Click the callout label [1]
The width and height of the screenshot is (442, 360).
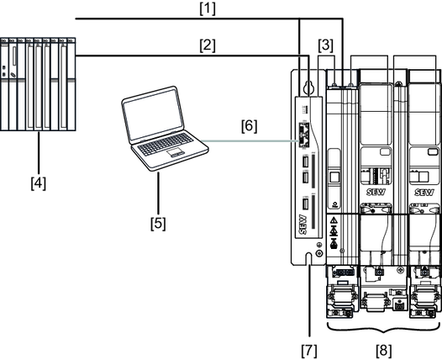208,9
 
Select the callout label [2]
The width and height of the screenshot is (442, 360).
208,46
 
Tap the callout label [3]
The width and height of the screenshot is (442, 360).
325,45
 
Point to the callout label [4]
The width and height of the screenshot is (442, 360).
39,183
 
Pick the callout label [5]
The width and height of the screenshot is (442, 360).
158,224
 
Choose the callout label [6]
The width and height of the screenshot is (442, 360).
250,126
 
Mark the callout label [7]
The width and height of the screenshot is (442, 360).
309,351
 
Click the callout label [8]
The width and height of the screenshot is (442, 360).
384,351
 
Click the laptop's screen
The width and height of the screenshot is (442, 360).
152,115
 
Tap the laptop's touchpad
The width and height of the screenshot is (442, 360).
175,153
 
